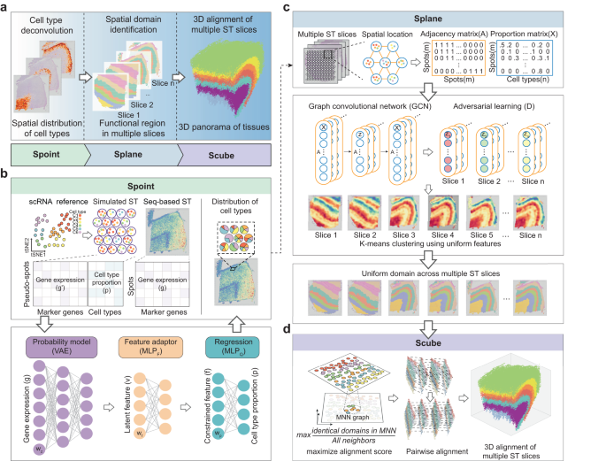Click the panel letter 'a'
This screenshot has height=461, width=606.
point(5,7)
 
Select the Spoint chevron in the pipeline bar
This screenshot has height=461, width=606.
point(46,153)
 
